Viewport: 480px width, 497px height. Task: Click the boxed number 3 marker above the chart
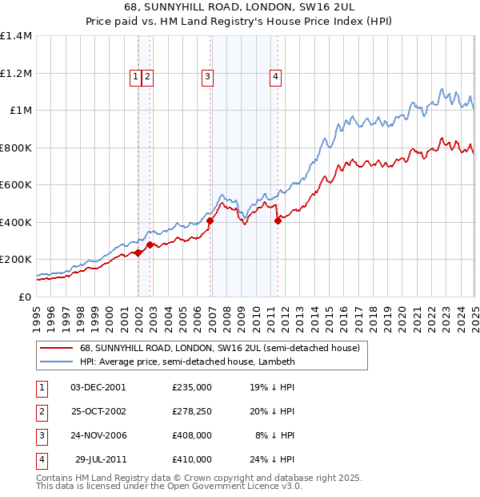coord(207,77)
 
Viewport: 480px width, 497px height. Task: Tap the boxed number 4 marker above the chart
coord(275,77)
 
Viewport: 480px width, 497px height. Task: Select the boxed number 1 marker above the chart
coord(135,77)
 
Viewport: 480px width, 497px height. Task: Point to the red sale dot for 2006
coord(210,220)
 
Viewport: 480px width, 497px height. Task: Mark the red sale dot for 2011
coord(278,220)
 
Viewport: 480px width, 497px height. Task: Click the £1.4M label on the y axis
coord(16,36)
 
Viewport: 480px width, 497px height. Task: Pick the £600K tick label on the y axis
coord(16,184)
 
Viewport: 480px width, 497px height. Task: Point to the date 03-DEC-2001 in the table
coord(98,387)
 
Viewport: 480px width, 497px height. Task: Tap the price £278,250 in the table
coord(192,411)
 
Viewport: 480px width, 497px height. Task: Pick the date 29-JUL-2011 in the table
coord(101,459)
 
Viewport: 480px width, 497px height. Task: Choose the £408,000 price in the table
coord(192,435)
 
